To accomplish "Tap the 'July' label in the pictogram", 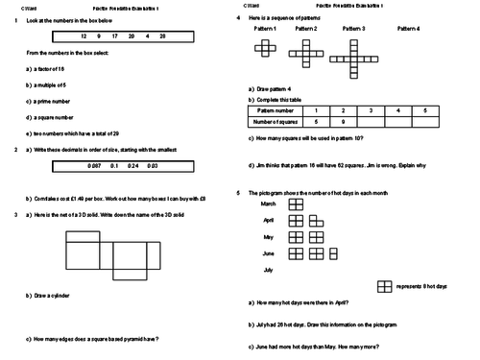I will click(269, 270).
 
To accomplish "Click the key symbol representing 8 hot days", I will click(384, 286).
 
